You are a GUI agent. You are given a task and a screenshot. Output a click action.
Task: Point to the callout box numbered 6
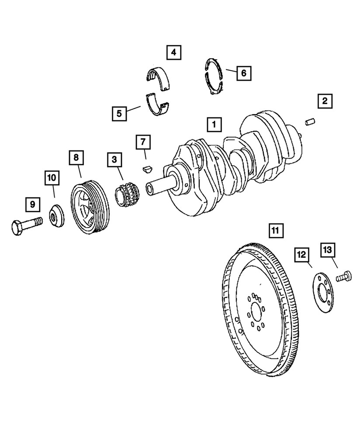(244, 73)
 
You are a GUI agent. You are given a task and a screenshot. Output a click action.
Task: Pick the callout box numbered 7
(143, 142)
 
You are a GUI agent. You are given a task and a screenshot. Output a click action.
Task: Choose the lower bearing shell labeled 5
(158, 105)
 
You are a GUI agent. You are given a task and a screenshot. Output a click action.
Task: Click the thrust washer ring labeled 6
(214, 76)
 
